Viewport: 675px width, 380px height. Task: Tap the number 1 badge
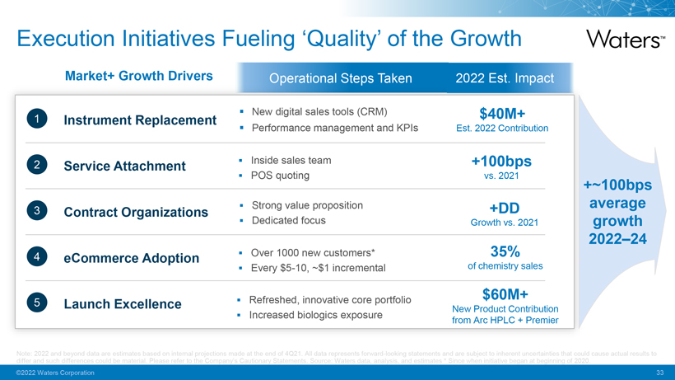pos(35,120)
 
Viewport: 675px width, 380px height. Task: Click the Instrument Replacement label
pos(140,120)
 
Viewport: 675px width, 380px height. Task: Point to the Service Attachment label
pos(124,166)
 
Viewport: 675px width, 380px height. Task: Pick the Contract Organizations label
pos(136,212)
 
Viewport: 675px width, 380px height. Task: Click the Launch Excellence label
pos(123,304)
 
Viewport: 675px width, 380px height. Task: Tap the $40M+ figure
pos(502,112)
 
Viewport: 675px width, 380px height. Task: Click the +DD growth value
pos(502,206)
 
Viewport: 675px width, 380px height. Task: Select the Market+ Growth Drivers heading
pos(138,76)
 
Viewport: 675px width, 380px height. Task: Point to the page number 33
pos(659,373)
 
